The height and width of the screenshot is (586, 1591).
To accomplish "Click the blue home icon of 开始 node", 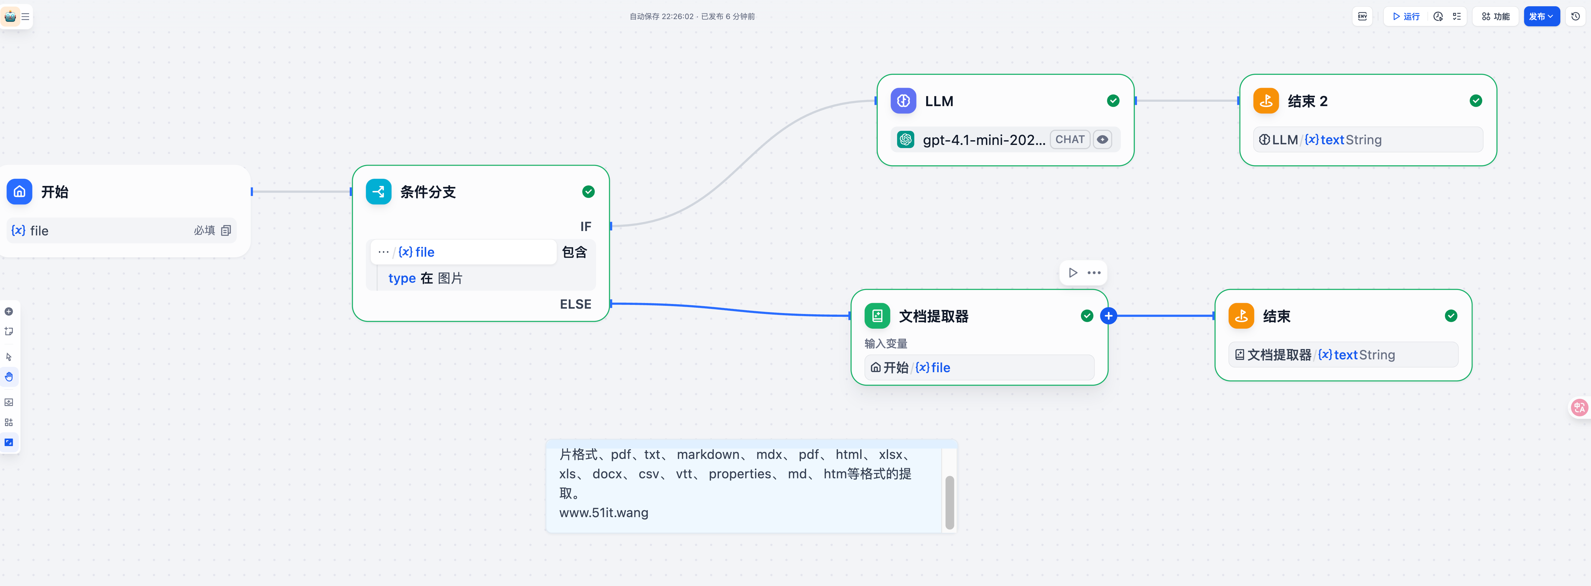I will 19,192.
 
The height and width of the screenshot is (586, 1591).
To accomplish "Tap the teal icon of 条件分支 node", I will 378,192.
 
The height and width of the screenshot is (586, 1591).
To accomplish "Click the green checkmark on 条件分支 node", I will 588,192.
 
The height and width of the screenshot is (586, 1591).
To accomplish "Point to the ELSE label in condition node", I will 575,304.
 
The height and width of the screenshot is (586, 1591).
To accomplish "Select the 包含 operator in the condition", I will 574,252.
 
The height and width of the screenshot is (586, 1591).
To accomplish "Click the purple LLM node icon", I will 903,101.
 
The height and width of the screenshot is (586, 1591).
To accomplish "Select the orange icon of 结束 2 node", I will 1265,101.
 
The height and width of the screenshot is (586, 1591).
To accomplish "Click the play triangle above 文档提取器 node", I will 1073,273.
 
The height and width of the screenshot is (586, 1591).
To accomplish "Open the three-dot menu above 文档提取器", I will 1094,273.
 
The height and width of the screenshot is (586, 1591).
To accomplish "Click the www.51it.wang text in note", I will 604,512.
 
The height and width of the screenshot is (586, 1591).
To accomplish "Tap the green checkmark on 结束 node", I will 1451,316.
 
